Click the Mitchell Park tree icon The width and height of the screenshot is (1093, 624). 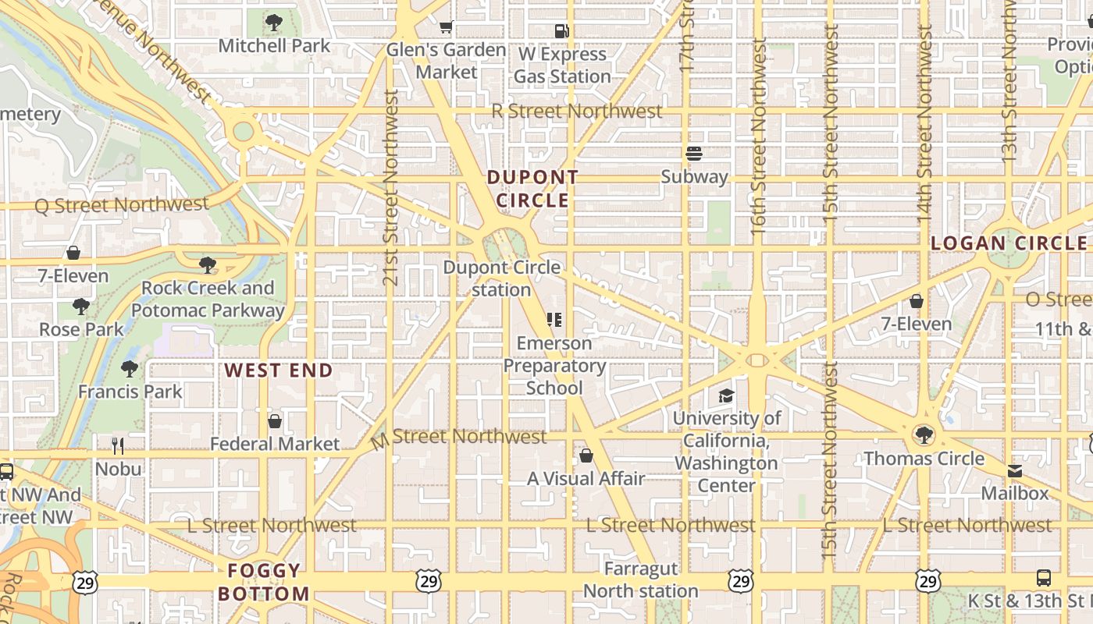pos(273,23)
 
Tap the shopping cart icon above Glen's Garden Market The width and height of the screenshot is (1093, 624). pos(446,27)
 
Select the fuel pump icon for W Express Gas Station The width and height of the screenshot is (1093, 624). pos(561,31)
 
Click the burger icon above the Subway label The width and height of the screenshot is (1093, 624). pos(694,154)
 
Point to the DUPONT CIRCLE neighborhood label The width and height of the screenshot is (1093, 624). pos(532,189)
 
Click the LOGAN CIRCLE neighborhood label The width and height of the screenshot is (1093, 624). pos(1009,243)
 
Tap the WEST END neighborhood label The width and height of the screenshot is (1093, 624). pos(279,370)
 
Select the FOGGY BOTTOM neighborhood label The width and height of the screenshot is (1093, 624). pos(264,582)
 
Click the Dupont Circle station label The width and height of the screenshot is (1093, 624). pos(501,278)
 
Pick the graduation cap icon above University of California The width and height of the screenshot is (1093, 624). pos(726,395)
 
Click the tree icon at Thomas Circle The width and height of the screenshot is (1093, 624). pos(924,434)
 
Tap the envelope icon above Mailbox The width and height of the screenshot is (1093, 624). pos(1014,471)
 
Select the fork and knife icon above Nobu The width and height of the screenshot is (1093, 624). pos(118,446)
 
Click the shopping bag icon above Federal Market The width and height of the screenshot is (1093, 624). pos(274,421)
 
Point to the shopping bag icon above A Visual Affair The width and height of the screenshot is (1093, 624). pos(586,456)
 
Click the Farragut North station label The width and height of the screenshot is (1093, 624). pos(641,580)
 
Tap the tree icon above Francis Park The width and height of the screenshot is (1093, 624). pos(130,368)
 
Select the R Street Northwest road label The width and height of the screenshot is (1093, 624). pos(577,112)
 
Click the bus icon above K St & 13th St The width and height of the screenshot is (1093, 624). pos(1043,578)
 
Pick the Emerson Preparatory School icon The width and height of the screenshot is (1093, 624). pos(554,320)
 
